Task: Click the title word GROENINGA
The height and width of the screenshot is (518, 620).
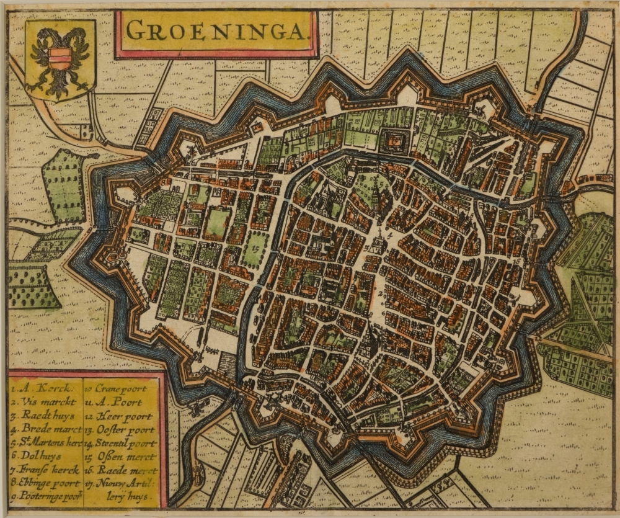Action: click(216, 29)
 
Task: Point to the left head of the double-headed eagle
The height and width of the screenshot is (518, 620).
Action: click(43, 38)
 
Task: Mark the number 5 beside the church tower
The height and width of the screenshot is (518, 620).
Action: click(367, 248)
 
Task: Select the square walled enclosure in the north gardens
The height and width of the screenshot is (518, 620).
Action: click(392, 141)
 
